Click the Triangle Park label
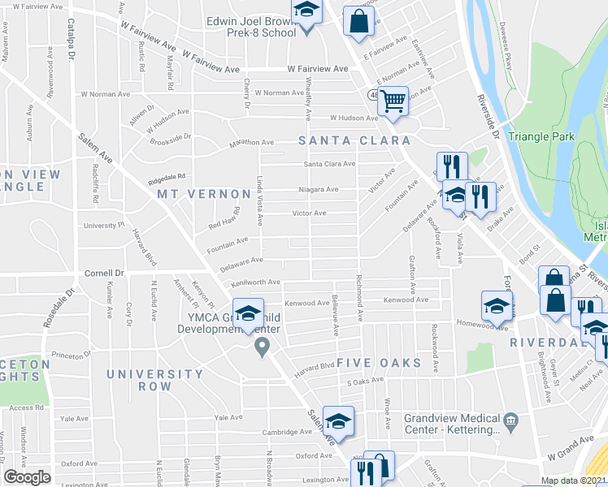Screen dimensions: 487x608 click(x=542, y=136)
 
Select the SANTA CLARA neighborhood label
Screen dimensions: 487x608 click(x=354, y=140)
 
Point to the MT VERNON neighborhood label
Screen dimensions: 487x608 click(x=204, y=194)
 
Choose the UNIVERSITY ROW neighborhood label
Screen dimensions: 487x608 click(x=154, y=380)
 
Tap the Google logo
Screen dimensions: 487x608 click(x=28, y=477)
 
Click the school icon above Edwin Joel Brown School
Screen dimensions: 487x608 click(x=306, y=11)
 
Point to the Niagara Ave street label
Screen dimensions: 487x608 click(x=321, y=189)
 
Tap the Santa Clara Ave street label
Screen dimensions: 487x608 click(x=329, y=164)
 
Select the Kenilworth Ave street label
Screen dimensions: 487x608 click(x=255, y=282)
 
